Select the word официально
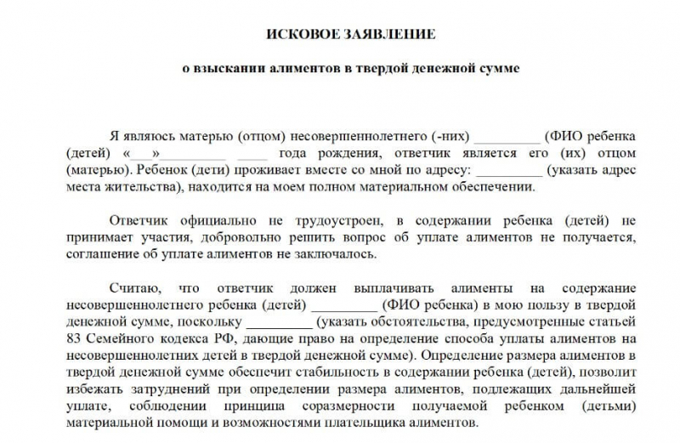(210, 219)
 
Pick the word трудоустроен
(319, 219)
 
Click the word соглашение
(101, 253)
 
